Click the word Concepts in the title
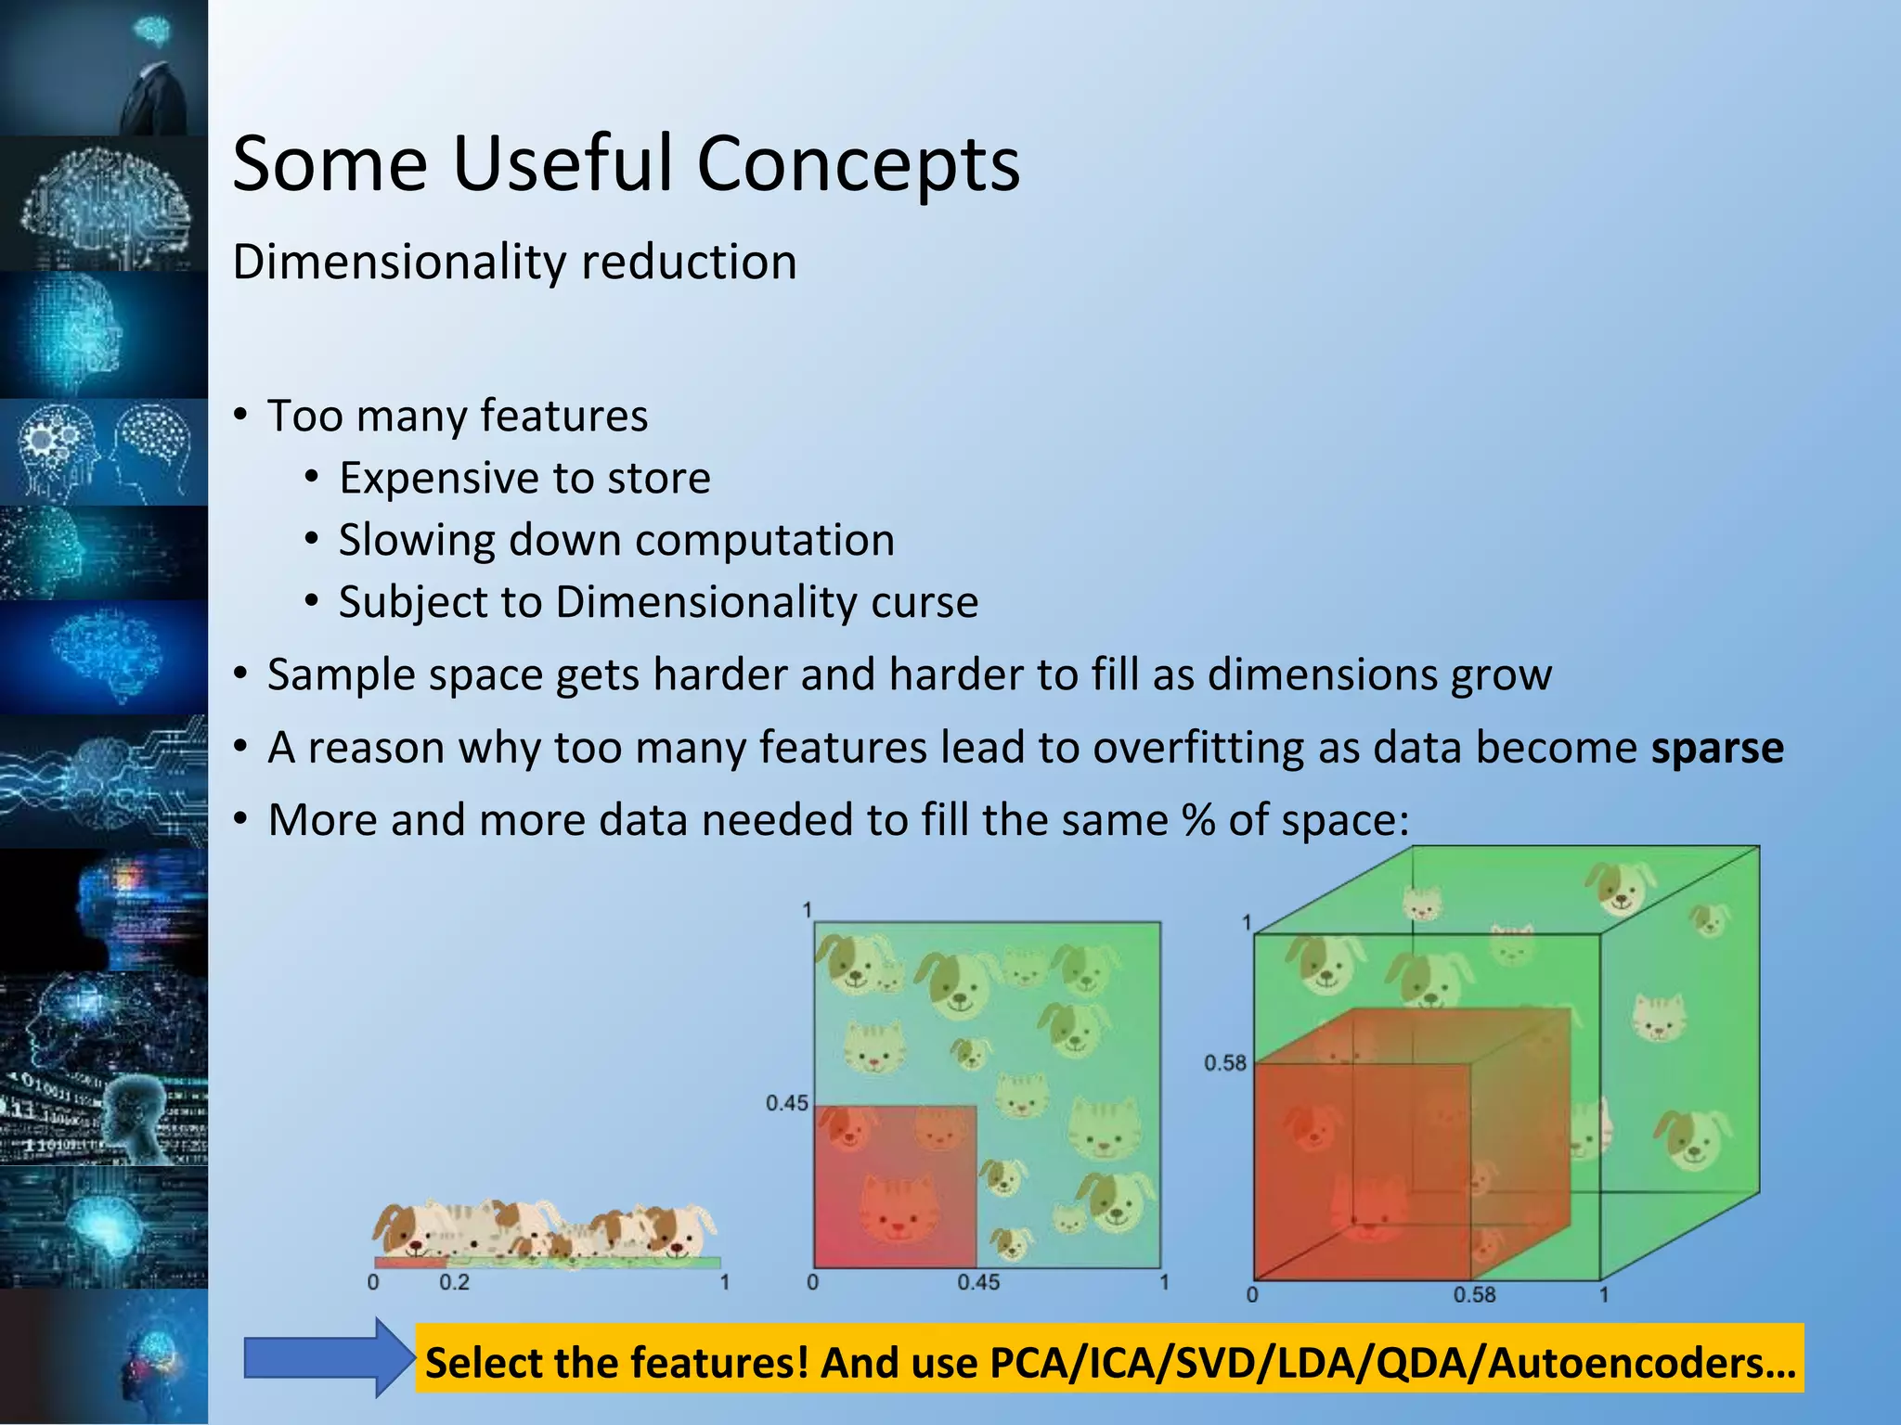tap(858, 164)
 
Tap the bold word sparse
tap(1716, 748)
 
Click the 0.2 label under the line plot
tap(454, 1283)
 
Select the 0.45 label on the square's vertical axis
tap(786, 1103)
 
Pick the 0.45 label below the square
tap(978, 1283)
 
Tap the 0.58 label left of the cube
tap(1224, 1063)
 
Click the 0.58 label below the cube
tap(1473, 1294)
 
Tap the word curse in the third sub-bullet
tap(924, 603)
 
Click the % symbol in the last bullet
tap(1198, 820)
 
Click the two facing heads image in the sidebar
tap(104, 453)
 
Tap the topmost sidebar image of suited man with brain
tap(104, 67)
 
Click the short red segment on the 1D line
tap(409, 1263)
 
